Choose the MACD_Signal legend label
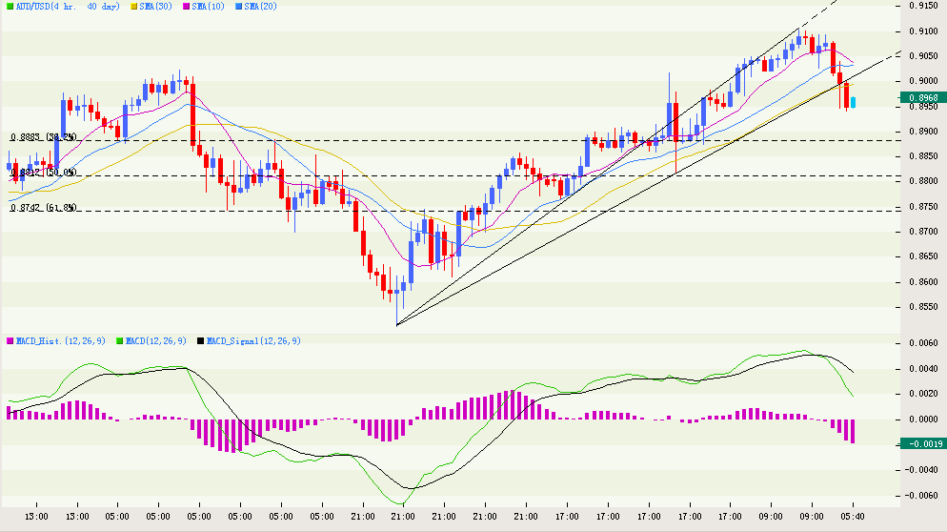click(251, 340)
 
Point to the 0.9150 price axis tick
click(920, 6)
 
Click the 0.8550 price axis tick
click(920, 307)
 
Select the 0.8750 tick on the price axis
click(920, 206)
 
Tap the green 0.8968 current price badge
click(921, 97)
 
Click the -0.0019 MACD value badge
click(921, 443)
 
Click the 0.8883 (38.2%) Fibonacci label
click(43, 137)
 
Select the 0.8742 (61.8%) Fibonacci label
click(43, 207)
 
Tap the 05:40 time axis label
click(852, 517)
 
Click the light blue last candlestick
click(853, 102)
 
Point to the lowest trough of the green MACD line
click(401, 503)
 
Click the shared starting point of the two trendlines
click(396, 326)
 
